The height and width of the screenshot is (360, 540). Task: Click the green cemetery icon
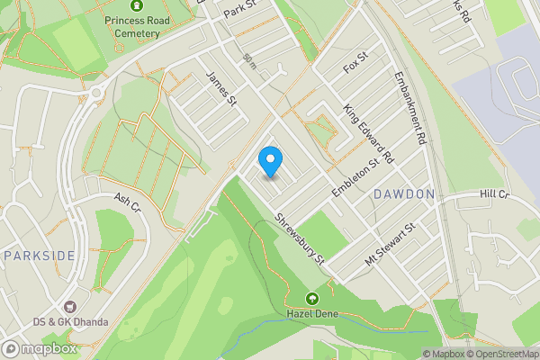(x=137, y=5)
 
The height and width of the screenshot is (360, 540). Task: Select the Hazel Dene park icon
(x=312, y=299)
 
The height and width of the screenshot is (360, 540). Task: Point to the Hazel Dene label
(x=311, y=313)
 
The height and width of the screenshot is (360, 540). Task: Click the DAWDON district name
(x=404, y=193)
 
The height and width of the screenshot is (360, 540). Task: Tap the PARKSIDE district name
(x=39, y=256)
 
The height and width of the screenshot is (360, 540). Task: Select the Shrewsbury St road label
(x=299, y=238)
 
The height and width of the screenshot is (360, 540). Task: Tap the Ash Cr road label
(x=128, y=203)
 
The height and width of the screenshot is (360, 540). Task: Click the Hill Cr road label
(x=494, y=193)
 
